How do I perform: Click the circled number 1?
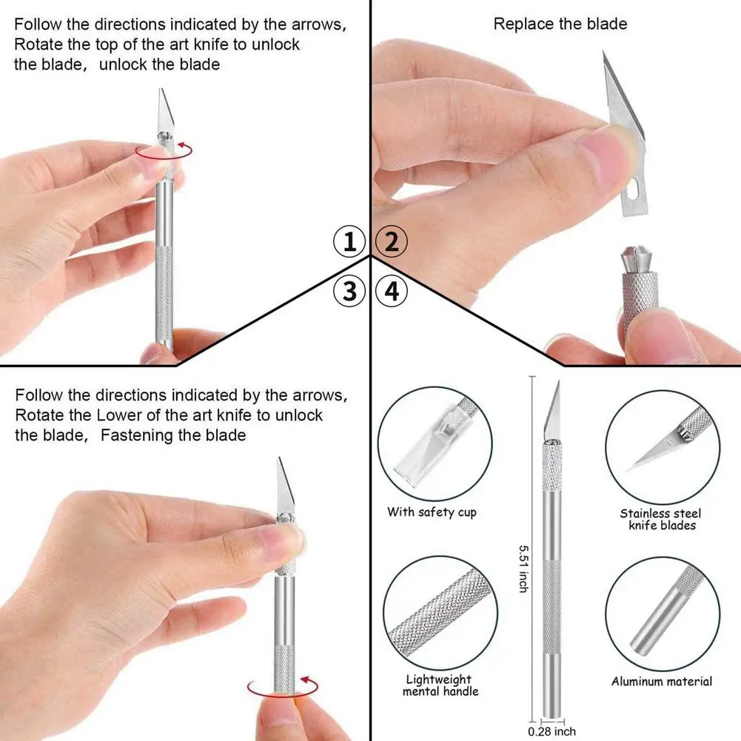click(x=349, y=242)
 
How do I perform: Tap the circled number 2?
click(x=392, y=242)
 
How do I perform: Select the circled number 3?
click(x=349, y=291)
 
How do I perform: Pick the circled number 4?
click(x=392, y=291)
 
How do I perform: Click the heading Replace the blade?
click(x=560, y=24)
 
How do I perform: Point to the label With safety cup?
click(x=432, y=512)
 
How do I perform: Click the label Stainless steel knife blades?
click(x=661, y=519)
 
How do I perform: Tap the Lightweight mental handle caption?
click(x=440, y=685)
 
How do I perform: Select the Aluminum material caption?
click(x=662, y=682)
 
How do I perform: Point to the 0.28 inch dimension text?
click(x=551, y=732)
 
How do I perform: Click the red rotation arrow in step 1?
click(x=164, y=151)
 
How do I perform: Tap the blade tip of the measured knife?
click(x=557, y=384)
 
